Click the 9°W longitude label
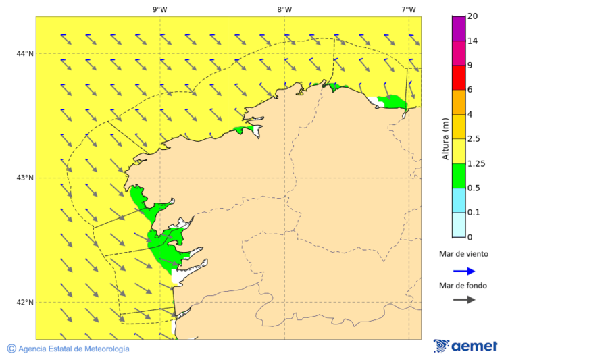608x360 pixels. coord(159,9)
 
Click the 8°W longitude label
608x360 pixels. coord(284,9)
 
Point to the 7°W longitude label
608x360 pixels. coord(408,9)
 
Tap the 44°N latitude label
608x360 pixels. coord(25,53)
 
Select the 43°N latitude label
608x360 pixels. coord(25,178)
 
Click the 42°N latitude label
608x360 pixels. coord(25,302)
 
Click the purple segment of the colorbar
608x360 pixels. coord(459,28)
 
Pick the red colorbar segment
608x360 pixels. coord(459,77)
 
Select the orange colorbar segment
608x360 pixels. coord(459,102)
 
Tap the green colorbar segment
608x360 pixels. coord(459,176)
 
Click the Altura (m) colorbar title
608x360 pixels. coord(445,139)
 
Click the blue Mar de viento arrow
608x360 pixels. coord(463,271)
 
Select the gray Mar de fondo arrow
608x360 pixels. coord(463,300)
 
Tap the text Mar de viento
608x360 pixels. coord(463,254)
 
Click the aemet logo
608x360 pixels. coord(465,346)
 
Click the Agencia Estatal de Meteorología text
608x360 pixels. coord(74,349)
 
